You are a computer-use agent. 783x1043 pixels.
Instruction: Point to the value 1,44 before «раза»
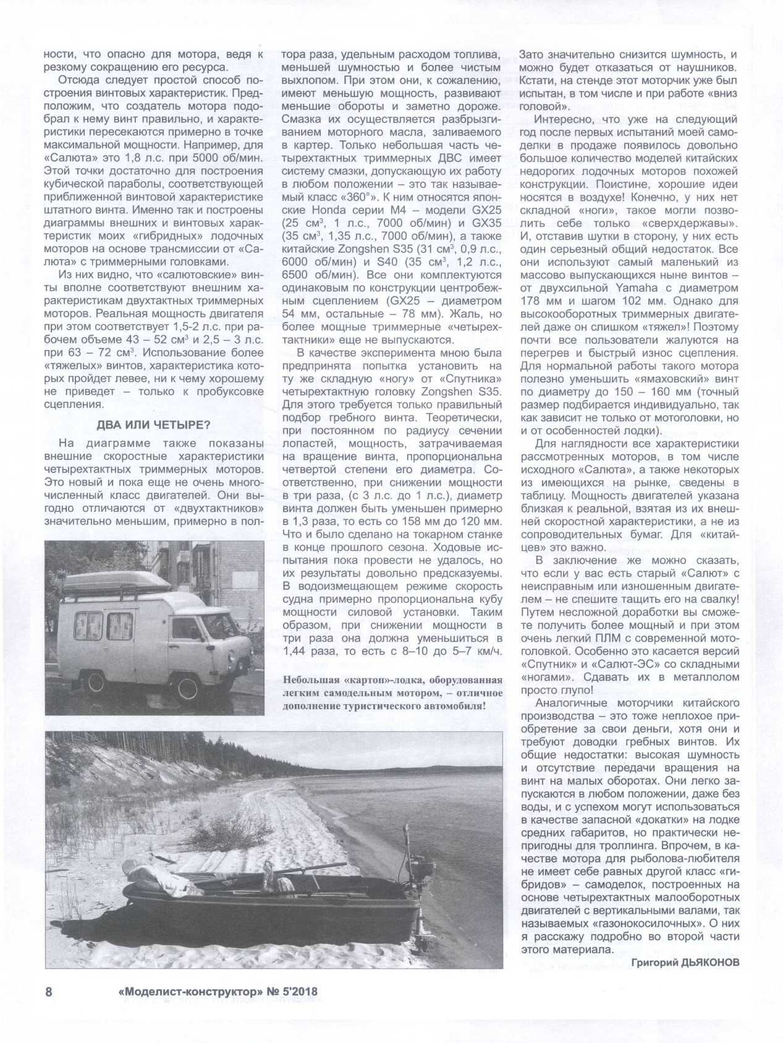pos(296,651)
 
